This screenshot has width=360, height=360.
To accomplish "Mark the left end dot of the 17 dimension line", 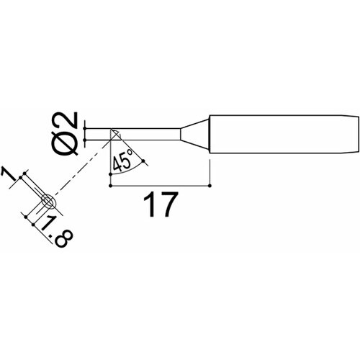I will (x=110, y=185).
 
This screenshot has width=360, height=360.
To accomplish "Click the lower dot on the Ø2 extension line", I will (x=86, y=139).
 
